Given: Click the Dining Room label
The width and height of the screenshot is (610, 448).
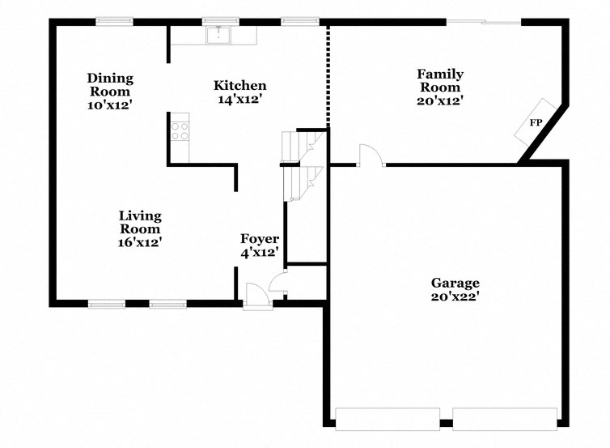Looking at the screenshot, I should click(x=110, y=85).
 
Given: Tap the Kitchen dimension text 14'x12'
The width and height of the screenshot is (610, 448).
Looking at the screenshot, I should click(x=239, y=100).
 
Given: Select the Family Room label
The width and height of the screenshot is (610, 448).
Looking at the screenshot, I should click(x=439, y=81).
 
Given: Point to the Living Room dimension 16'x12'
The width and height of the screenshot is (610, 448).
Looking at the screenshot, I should click(x=140, y=241).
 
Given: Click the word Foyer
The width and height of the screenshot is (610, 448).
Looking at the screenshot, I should click(x=260, y=239).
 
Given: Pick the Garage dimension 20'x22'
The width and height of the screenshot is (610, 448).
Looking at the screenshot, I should click(x=455, y=297).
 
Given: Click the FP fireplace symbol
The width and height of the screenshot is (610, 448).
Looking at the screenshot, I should click(x=536, y=123).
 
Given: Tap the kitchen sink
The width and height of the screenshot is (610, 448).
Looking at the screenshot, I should click(x=218, y=35).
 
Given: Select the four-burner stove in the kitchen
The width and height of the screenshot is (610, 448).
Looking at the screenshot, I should click(x=180, y=130).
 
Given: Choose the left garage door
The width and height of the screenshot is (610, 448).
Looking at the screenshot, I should click(x=387, y=419).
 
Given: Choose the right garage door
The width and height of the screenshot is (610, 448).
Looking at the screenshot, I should click(x=504, y=419).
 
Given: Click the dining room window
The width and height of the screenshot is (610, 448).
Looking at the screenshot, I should click(x=115, y=22).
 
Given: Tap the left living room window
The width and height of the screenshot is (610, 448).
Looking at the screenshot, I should click(x=107, y=305).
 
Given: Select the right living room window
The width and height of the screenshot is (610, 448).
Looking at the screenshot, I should click(x=167, y=305).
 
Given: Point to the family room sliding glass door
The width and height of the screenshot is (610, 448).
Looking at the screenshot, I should click(x=484, y=22).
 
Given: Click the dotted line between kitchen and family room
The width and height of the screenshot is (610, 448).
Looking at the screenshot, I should click(x=328, y=78).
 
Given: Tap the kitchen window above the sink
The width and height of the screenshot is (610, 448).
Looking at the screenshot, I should click(x=219, y=22).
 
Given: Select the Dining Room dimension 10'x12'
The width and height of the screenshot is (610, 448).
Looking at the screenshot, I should click(x=110, y=105).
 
